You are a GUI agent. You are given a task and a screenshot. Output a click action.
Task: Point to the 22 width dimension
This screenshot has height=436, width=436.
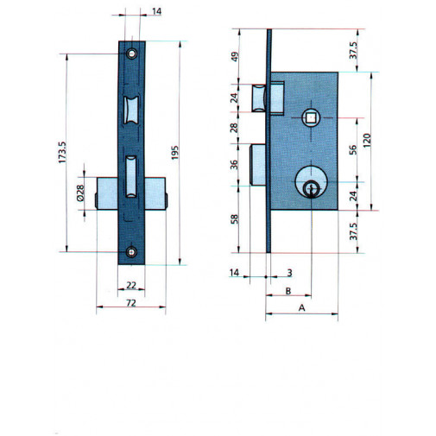[x=130, y=285]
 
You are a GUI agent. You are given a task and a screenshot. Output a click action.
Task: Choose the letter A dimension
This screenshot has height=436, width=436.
[x=301, y=307]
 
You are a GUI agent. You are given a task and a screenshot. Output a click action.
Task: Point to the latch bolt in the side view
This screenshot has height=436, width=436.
[x=261, y=97]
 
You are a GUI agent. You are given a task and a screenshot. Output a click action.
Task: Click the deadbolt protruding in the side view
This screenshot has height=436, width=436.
[x=257, y=163]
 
